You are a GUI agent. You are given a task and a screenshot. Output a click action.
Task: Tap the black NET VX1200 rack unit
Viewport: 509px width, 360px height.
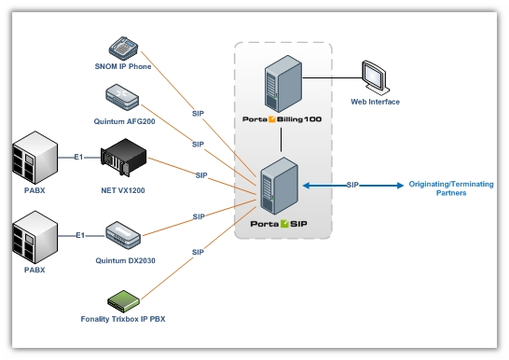125,157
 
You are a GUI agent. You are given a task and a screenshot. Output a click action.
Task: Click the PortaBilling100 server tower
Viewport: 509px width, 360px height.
282,85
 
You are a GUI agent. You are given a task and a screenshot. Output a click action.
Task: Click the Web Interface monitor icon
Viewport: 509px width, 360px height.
375,77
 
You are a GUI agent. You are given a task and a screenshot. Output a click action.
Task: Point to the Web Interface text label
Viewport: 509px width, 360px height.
375,102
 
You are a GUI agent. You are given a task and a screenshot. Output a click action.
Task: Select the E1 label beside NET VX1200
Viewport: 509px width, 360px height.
79,157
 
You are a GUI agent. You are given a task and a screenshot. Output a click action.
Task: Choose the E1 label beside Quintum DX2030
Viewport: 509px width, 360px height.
79,236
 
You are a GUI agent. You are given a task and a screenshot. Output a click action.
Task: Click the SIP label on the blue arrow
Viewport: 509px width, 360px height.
353,185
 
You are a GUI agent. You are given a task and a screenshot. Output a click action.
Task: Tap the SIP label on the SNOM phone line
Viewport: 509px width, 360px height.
199,112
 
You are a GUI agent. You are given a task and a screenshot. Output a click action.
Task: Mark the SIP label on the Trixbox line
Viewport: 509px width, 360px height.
198,252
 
